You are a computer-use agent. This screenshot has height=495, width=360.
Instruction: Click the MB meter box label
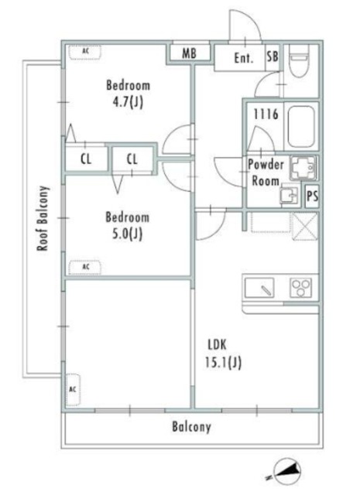(x=189, y=53)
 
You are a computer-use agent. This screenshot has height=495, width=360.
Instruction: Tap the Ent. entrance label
(x=243, y=58)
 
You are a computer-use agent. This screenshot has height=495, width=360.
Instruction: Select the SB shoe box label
(x=273, y=56)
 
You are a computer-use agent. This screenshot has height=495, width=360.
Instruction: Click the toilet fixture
(x=298, y=61)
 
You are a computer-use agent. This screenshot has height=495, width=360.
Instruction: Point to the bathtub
(x=301, y=126)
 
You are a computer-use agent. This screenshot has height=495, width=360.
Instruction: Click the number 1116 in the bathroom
(x=266, y=114)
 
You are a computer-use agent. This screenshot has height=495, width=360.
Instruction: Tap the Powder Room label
(x=266, y=172)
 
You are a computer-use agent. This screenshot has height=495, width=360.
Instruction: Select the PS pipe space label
(x=312, y=196)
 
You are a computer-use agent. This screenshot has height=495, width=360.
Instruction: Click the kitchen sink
(x=259, y=288)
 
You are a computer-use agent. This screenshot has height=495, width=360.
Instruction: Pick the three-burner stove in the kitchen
(x=301, y=288)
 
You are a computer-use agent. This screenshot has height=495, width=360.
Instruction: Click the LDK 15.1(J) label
(x=223, y=353)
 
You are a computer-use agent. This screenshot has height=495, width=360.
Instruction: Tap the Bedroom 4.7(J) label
(x=128, y=94)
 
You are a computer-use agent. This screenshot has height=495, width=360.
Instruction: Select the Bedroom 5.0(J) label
(x=127, y=225)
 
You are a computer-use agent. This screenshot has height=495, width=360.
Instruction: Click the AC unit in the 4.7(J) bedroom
(x=85, y=52)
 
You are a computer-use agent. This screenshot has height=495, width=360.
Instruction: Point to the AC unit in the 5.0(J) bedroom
(x=85, y=268)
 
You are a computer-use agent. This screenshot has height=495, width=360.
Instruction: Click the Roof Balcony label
(x=43, y=218)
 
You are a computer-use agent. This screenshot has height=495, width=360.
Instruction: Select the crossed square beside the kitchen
(x=305, y=227)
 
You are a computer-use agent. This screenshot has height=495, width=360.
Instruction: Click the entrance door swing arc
(x=245, y=25)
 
